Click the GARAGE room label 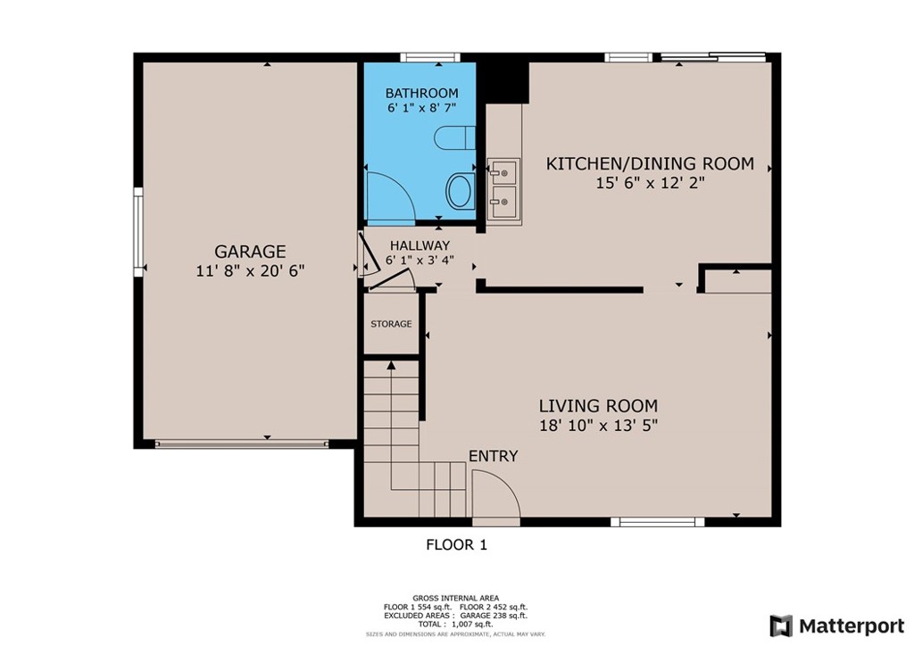point(250,252)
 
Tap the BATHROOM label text point(421,93)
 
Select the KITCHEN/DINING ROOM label point(650,164)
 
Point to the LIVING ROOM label point(598,405)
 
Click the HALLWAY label point(420,245)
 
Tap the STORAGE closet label point(391,324)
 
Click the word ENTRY point(493,456)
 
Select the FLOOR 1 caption point(456,544)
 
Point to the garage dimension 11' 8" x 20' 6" point(250,271)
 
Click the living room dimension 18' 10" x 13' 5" point(598,426)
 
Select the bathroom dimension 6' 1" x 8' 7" point(421,108)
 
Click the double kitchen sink point(504,188)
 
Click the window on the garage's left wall point(138,232)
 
